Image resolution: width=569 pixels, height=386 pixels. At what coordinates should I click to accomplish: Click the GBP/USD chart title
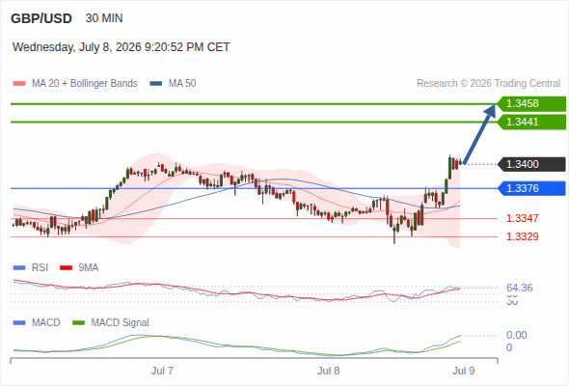(41, 18)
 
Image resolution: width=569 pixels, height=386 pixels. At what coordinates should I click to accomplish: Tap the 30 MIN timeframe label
(104, 18)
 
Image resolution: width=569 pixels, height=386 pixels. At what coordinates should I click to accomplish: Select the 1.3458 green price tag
(531, 104)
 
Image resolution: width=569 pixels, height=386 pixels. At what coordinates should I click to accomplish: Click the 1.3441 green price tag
(531, 122)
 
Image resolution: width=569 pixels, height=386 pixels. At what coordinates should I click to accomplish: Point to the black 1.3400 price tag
(531, 164)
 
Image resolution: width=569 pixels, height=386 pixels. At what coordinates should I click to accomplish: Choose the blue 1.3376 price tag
(531, 188)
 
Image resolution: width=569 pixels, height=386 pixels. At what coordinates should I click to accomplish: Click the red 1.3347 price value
(522, 218)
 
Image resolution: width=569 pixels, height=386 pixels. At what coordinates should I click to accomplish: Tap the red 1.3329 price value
(522, 236)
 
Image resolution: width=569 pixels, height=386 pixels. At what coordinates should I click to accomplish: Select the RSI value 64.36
(520, 288)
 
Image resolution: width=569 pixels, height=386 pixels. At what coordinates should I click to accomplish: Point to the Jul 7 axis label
(162, 371)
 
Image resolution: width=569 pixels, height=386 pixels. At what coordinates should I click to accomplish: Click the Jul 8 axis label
(329, 371)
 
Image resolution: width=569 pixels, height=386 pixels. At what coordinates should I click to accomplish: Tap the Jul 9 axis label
(464, 371)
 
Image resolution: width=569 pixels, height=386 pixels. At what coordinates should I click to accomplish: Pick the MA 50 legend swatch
(156, 84)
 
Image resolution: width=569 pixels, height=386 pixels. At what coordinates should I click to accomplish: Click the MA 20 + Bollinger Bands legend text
(85, 84)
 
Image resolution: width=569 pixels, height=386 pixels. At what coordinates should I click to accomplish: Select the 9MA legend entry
(79, 268)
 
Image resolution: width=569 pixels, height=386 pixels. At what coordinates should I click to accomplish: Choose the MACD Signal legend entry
(111, 323)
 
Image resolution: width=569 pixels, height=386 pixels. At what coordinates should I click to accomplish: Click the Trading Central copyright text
(488, 84)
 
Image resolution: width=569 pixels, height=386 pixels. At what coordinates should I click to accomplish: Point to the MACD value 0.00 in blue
(516, 335)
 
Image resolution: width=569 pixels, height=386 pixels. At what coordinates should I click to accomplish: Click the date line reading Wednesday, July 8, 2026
(122, 47)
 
